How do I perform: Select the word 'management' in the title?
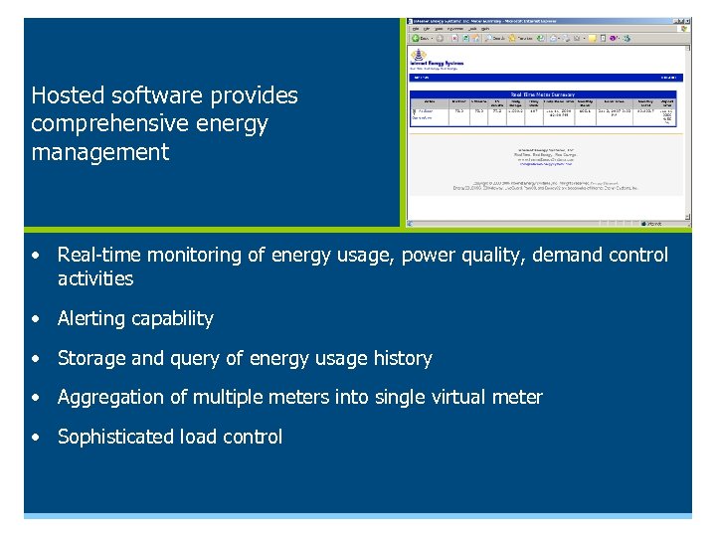click(x=99, y=152)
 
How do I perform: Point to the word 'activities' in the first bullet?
click(x=95, y=279)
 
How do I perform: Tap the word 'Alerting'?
click(x=94, y=319)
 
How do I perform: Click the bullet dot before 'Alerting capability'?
click(x=36, y=319)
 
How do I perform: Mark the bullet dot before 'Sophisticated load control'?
click(x=36, y=438)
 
